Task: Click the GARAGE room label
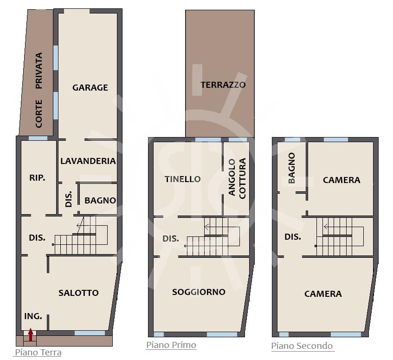(x=90, y=87)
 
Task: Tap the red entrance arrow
(x=31, y=334)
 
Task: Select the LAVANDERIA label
(x=88, y=161)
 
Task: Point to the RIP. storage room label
(x=37, y=177)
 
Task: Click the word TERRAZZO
(x=223, y=85)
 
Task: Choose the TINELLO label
(x=183, y=179)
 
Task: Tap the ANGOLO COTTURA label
(x=238, y=178)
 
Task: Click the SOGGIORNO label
(x=199, y=292)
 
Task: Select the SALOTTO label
(x=78, y=293)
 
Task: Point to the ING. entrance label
(x=33, y=316)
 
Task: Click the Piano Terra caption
(x=38, y=352)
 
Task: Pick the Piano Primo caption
(x=171, y=345)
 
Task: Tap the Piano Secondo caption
(x=302, y=346)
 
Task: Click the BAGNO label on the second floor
(x=291, y=168)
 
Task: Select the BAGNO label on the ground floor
(x=100, y=201)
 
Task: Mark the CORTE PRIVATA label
(x=39, y=90)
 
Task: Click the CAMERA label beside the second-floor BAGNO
(x=341, y=180)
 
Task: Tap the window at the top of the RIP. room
(x=38, y=138)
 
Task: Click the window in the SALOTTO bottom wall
(x=90, y=333)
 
